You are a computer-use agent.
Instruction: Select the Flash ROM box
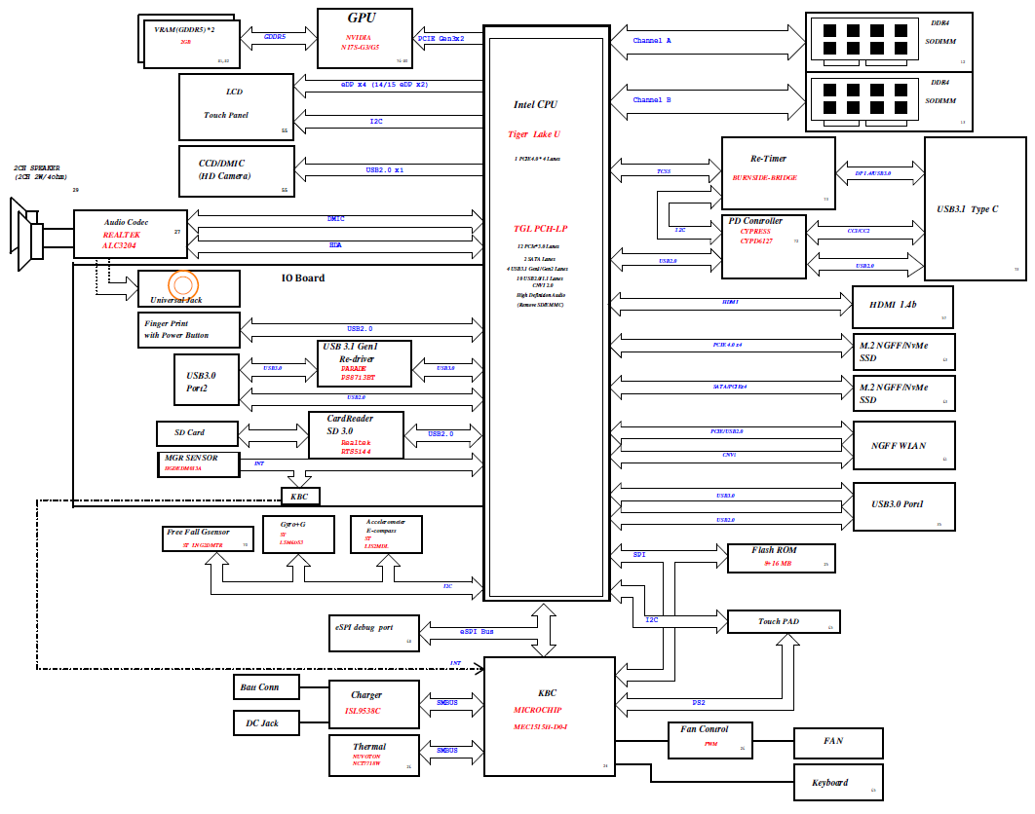coord(782,557)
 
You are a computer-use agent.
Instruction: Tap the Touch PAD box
coord(784,621)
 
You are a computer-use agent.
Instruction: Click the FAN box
coord(839,742)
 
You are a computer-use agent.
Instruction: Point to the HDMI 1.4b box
coord(902,307)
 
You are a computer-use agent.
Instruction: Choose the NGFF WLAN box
coord(903,446)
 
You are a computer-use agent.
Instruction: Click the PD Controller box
coord(765,246)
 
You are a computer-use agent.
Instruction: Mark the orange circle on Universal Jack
coord(183,284)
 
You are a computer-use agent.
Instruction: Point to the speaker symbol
coord(27,230)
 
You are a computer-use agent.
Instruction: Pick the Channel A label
coord(652,41)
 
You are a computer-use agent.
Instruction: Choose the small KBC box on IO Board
coord(300,496)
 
